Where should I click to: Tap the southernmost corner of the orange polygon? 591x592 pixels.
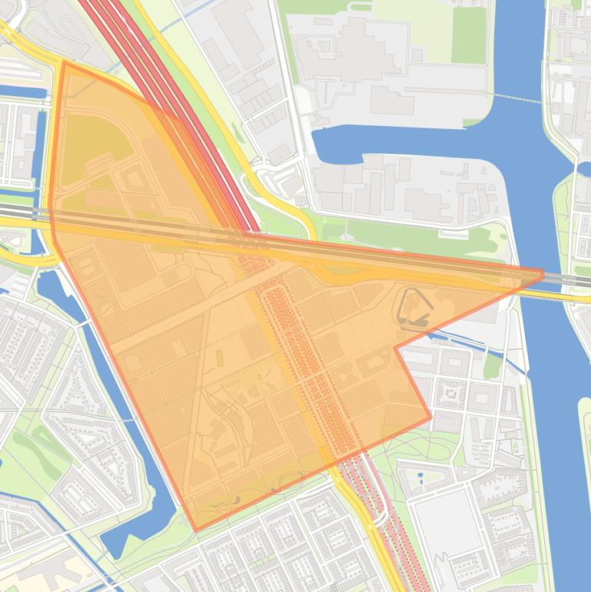197,530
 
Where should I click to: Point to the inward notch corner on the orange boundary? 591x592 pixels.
396,347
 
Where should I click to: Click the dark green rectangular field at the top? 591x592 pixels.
469,35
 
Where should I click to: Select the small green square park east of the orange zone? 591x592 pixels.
492,364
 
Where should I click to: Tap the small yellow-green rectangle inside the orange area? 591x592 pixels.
217,358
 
